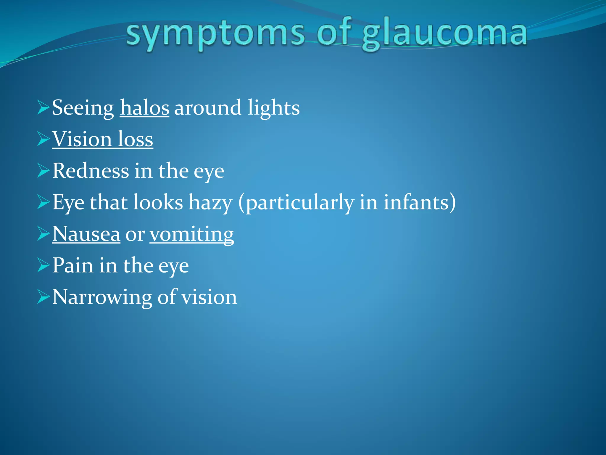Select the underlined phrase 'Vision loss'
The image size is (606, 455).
click(x=103, y=139)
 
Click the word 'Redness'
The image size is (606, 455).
click(x=91, y=171)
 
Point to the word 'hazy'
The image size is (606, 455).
click(x=210, y=203)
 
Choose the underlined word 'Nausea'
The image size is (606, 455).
click(x=86, y=234)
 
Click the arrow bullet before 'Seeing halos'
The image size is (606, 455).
click(x=43, y=108)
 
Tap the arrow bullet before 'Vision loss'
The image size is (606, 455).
click(x=43, y=139)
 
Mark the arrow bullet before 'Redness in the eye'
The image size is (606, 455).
click(x=43, y=171)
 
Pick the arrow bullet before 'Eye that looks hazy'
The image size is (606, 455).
click(x=43, y=203)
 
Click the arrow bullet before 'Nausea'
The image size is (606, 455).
click(x=43, y=234)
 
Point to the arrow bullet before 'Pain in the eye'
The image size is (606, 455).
click(x=43, y=265)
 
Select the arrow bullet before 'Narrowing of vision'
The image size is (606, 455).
click(x=43, y=297)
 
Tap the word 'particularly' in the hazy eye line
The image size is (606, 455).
click(x=300, y=203)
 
